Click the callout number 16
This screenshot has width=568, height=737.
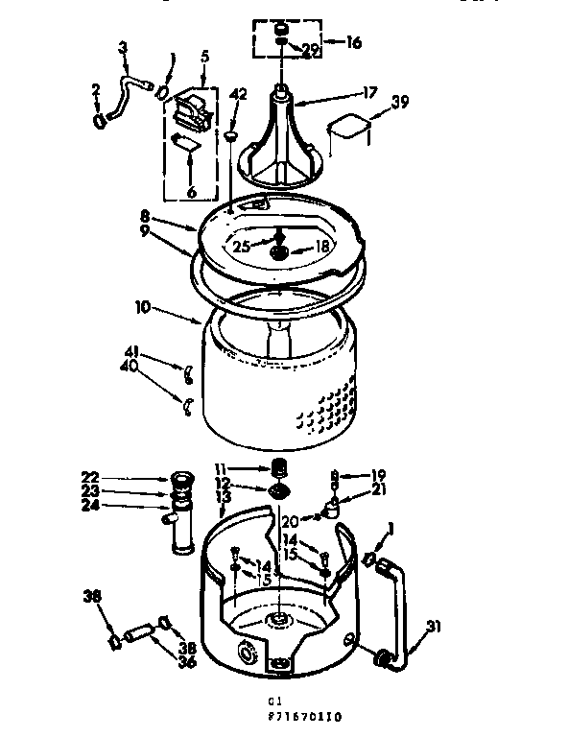pos(353,42)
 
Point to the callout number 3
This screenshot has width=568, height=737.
pos(123,47)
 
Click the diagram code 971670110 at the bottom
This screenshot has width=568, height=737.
pos(307,716)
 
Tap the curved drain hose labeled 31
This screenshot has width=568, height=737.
pos(401,605)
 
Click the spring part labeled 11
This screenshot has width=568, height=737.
pos(281,467)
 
